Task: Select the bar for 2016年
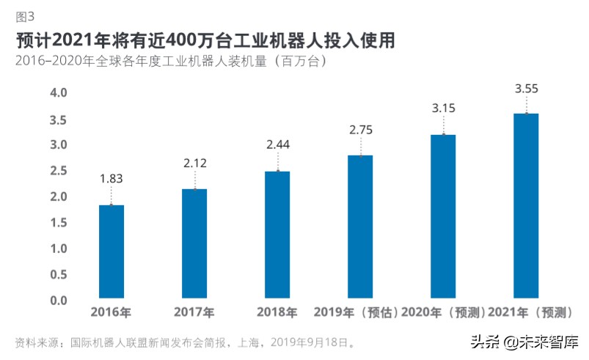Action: coord(111,252)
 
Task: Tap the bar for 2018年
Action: coord(277,235)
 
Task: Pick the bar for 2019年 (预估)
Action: coord(360,227)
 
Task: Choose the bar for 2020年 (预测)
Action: coord(443,217)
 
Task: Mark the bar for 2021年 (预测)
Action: coord(526,207)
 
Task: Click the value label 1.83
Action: coord(111,178)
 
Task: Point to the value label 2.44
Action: coord(277,144)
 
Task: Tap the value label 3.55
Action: coord(526,89)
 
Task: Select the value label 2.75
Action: coord(360,129)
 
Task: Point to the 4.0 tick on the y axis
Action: coord(58,93)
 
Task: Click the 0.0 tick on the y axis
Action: coord(58,301)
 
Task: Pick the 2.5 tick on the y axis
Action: coord(58,171)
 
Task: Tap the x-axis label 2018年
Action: coord(277,312)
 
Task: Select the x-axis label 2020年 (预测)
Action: coord(443,312)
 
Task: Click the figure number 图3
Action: coord(25,15)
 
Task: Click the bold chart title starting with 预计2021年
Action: coord(205,39)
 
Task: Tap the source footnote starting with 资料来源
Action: coord(186,342)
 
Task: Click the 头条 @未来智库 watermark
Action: coord(524,342)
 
